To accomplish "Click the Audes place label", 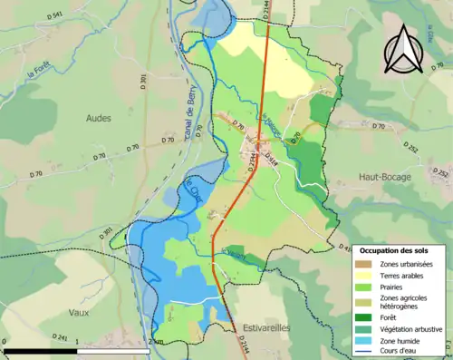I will (x=99, y=118).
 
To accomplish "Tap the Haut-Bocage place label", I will (x=384, y=177).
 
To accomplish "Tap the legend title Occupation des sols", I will (x=400, y=250).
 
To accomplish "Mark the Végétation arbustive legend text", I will (x=411, y=329).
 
